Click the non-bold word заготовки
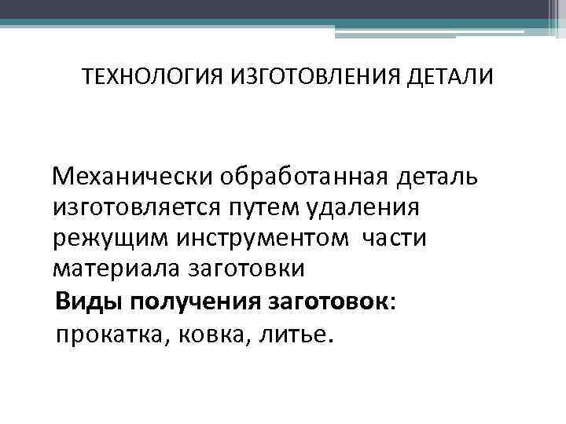(x=245, y=269)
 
